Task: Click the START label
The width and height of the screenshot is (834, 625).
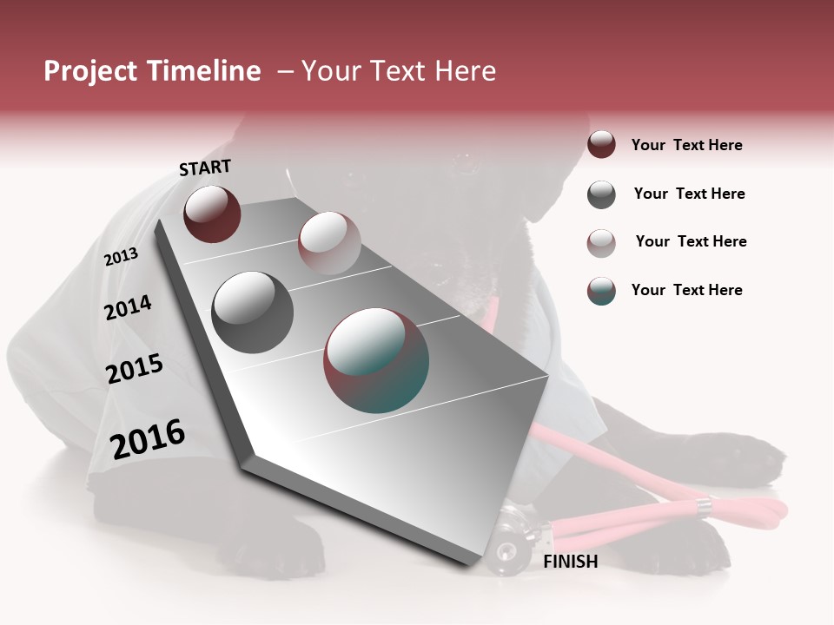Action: tap(205, 168)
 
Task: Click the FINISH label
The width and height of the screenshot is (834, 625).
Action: tap(571, 562)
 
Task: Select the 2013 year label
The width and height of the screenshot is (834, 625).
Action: tap(122, 257)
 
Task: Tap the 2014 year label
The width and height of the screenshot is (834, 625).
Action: tap(129, 308)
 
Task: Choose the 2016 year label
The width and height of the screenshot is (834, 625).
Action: tap(148, 439)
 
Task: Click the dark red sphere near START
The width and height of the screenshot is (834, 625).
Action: tap(212, 214)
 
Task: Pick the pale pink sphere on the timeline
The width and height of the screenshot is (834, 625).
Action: tap(329, 243)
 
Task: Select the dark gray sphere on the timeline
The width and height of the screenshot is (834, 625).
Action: tap(253, 312)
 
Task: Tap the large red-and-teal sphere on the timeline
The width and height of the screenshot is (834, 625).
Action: tap(376, 360)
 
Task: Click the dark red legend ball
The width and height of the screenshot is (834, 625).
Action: tap(601, 144)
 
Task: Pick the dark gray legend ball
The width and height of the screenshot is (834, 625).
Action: tap(601, 194)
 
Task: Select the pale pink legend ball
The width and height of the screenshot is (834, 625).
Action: tap(601, 242)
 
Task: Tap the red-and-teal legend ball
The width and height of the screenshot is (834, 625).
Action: tap(601, 291)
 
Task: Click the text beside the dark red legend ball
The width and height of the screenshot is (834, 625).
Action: tap(686, 145)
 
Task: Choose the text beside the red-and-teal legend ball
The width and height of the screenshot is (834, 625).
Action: tap(686, 290)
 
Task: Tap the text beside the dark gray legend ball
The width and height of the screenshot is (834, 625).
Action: tap(689, 194)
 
